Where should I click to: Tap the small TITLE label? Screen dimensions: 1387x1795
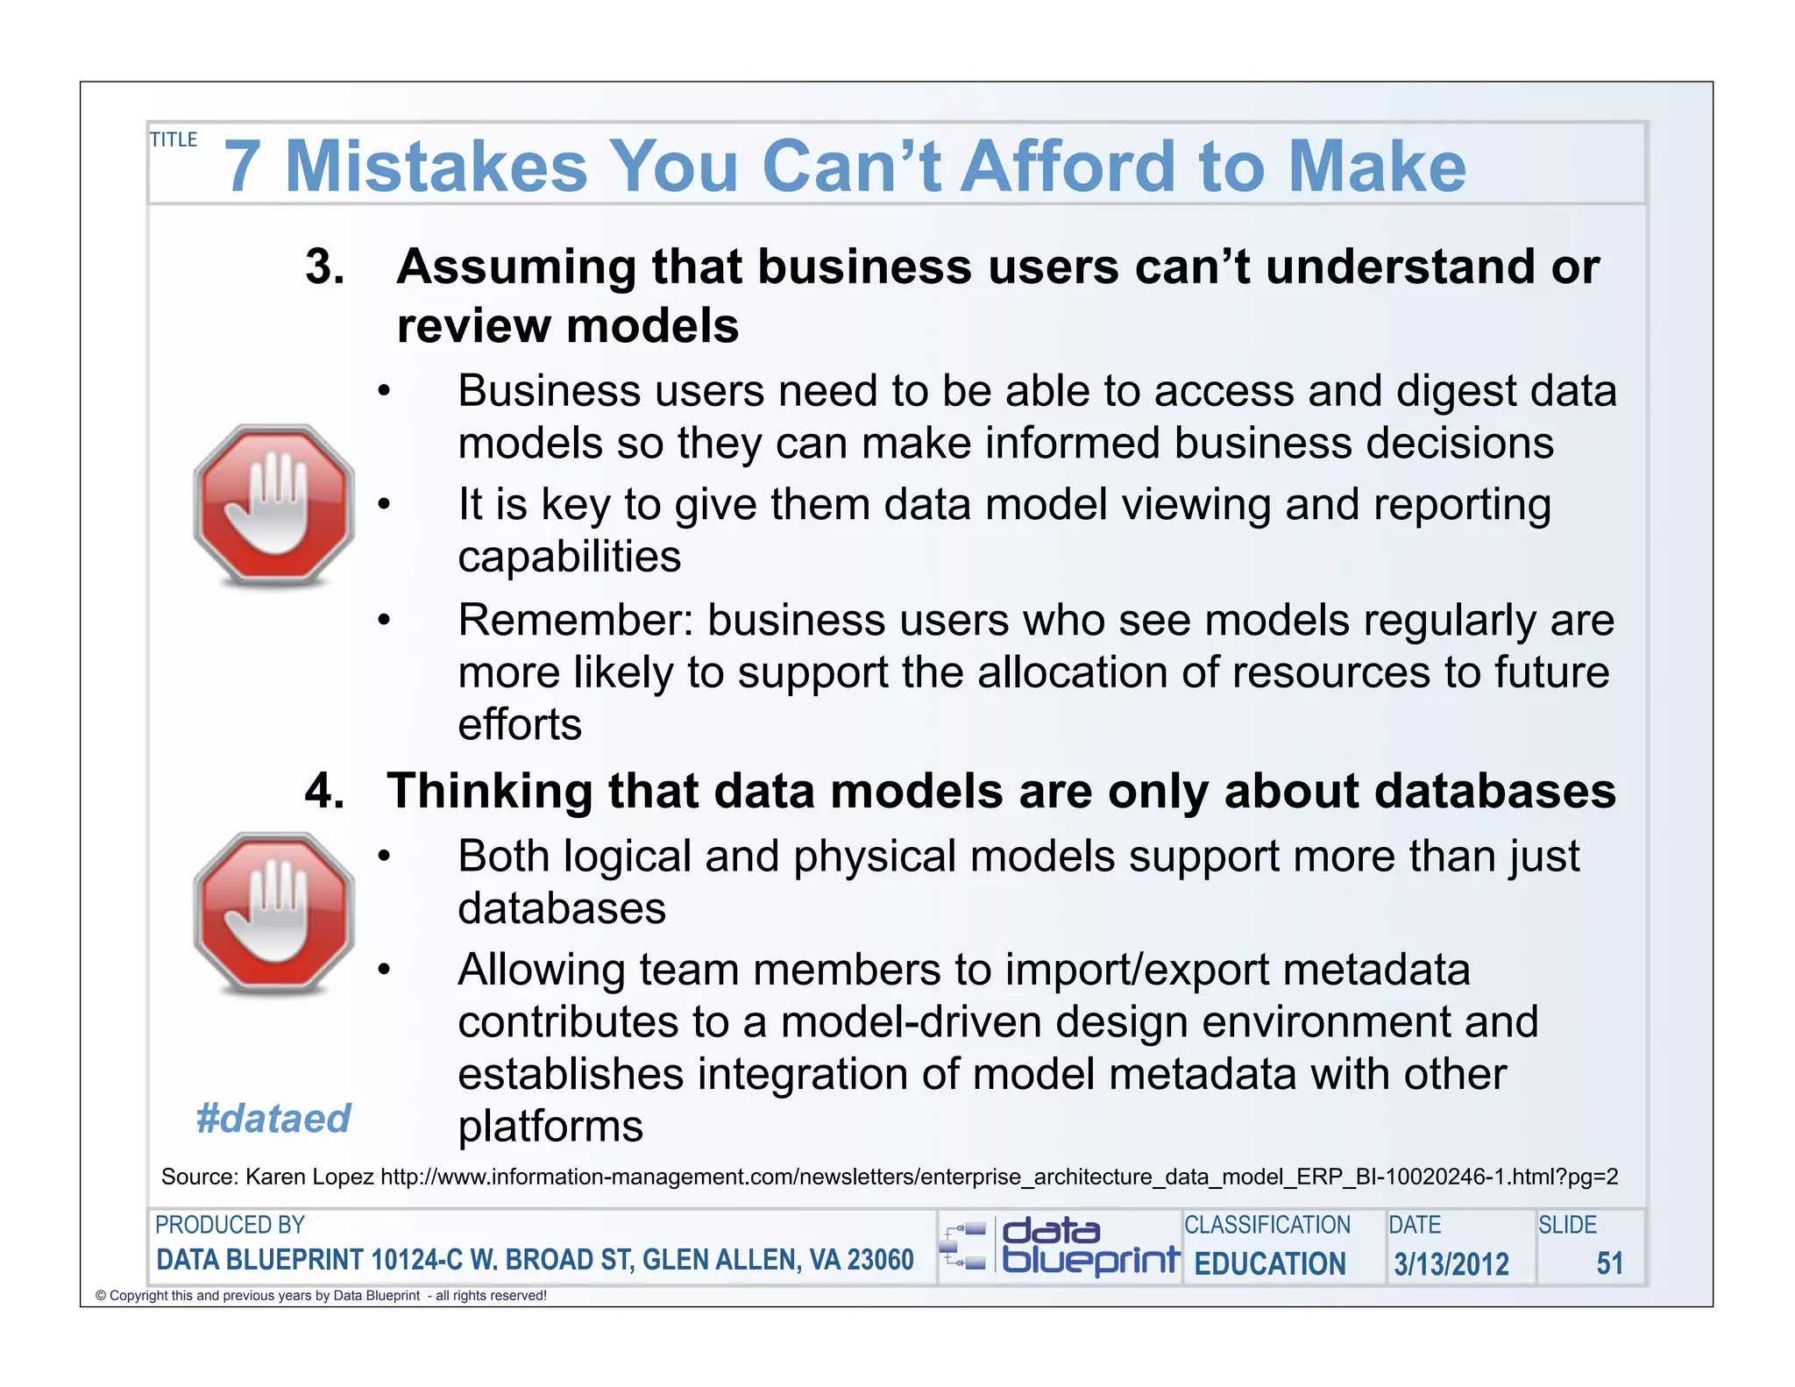pyautogui.click(x=174, y=140)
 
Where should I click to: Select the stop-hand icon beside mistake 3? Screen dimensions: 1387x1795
pyautogui.click(x=274, y=506)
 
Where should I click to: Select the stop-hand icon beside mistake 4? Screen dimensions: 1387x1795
pyautogui.click(x=274, y=914)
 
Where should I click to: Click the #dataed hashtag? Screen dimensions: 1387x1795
pyautogui.click(x=273, y=1119)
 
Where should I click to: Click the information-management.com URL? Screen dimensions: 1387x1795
pyautogui.click(x=998, y=1177)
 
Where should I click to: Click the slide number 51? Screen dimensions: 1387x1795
pyautogui.click(x=1609, y=1263)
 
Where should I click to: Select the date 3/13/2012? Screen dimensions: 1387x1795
pyautogui.click(x=1451, y=1263)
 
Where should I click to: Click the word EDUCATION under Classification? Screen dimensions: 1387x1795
pyautogui.click(x=1269, y=1263)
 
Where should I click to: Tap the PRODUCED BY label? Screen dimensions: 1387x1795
pyautogui.click(x=230, y=1225)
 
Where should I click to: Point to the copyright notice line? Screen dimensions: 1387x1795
pyautogui.click(x=321, y=1296)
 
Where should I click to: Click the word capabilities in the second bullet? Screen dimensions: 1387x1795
pyautogui.click(x=569, y=557)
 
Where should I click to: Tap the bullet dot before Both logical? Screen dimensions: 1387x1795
pyautogui.click(x=383, y=857)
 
